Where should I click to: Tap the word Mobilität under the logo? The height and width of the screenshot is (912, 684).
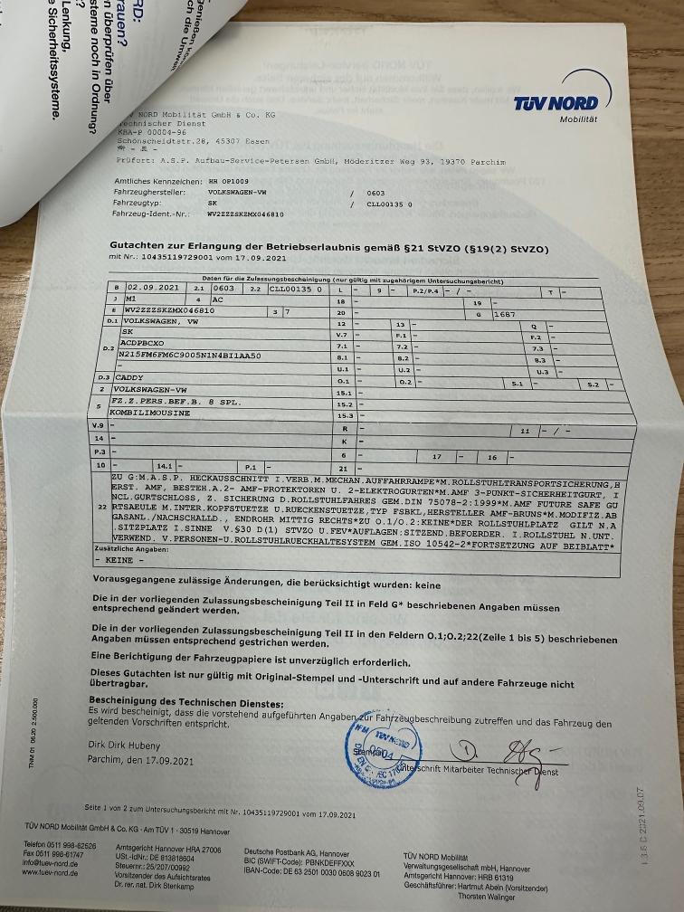tap(578, 119)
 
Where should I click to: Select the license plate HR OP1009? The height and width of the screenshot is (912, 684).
tap(229, 181)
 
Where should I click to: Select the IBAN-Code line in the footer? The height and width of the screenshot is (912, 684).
tap(311, 872)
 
